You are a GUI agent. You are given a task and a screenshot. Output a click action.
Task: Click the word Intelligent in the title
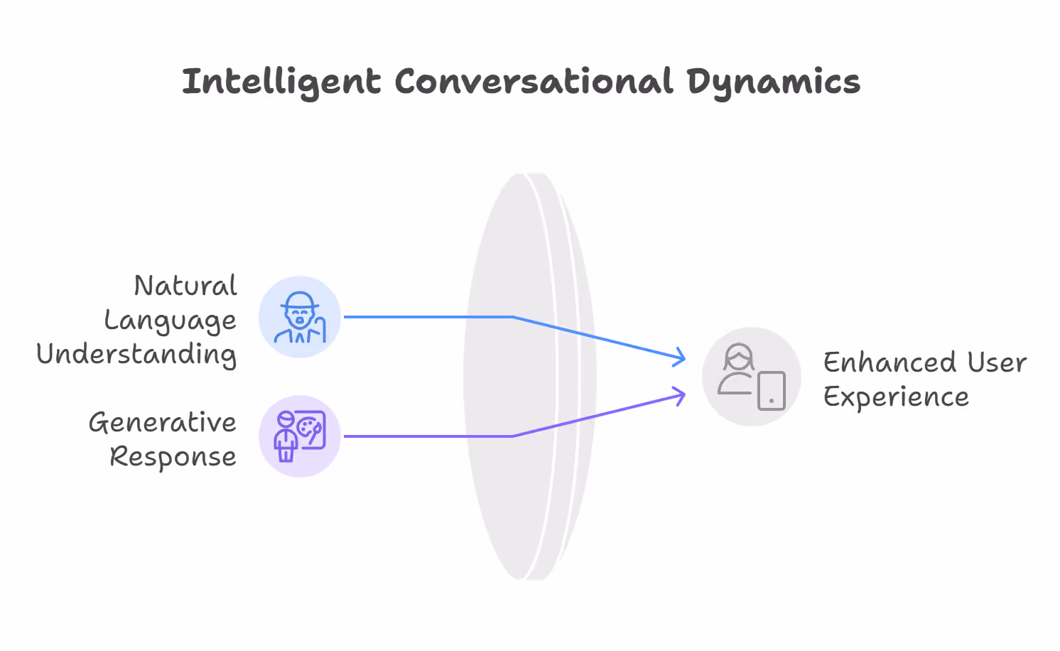click(x=281, y=82)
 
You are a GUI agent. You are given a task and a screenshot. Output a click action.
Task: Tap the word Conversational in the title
click(x=534, y=82)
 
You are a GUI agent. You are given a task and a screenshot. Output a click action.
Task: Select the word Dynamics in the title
click(x=773, y=83)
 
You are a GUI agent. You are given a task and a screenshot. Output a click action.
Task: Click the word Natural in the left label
click(x=185, y=286)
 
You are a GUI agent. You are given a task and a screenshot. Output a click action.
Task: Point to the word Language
click(x=171, y=321)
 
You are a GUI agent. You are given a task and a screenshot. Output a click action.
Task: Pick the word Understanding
click(x=136, y=355)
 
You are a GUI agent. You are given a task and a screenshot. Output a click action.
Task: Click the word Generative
click(x=163, y=423)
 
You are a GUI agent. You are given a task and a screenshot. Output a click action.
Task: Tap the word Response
click(x=173, y=457)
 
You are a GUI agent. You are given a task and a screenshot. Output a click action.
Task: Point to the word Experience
click(x=896, y=397)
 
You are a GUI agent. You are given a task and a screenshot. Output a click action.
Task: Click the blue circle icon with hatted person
click(x=300, y=317)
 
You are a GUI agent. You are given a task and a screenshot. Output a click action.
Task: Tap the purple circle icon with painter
click(x=300, y=436)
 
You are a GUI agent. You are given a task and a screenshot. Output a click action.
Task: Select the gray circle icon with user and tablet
click(x=751, y=377)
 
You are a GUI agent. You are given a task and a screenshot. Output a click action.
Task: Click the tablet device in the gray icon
click(x=771, y=391)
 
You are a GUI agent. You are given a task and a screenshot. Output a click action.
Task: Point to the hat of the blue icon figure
click(x=300, y=299)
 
